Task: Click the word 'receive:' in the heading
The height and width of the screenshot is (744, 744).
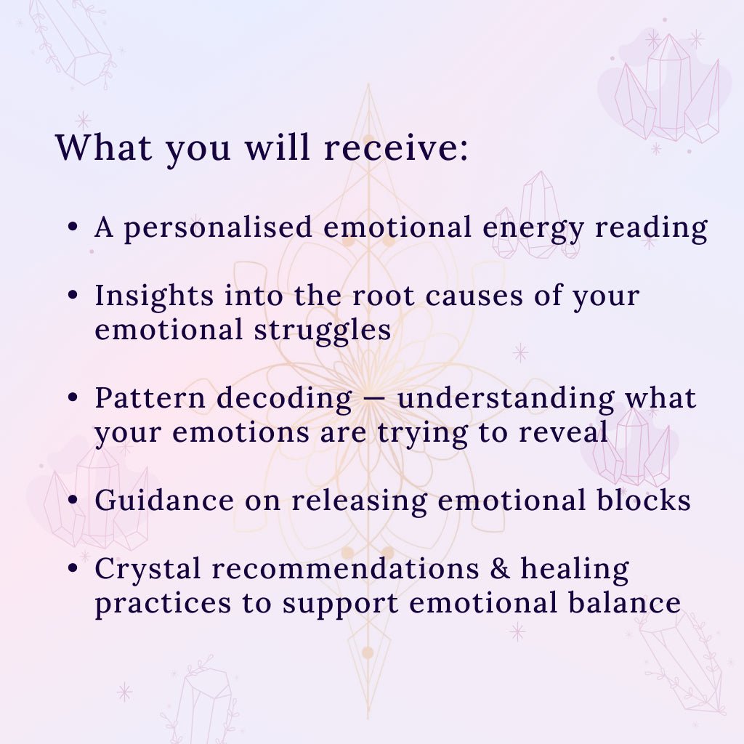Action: [x=396, y=147]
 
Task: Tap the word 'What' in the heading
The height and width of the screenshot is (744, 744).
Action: [x=103, y=147]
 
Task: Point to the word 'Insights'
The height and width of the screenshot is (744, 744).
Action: [x=154, y=296]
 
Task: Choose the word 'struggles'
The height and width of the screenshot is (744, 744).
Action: [x=323, y=331]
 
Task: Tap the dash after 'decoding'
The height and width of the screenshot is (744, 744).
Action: [x=375, y=400]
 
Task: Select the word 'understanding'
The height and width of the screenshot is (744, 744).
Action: [x=506, y=399]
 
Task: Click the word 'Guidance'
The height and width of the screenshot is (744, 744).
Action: [x=164, y=500]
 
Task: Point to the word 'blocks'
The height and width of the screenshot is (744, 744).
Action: [x=644, y=500]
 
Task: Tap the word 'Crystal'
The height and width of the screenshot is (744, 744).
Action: [x=148, y=570]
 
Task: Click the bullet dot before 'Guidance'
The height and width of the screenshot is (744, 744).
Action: [x=73, y=500]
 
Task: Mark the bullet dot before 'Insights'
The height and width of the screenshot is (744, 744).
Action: [x=73, y=295]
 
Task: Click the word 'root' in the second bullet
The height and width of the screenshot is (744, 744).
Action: [x=384, y=296]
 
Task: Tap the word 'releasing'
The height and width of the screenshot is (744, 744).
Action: [x=359, y=501]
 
